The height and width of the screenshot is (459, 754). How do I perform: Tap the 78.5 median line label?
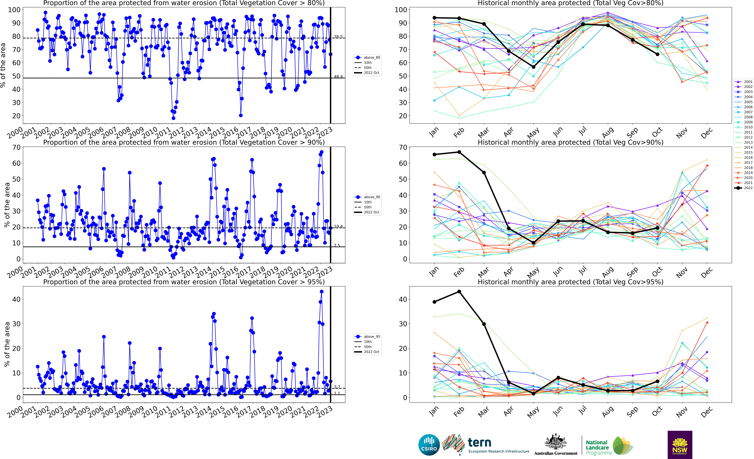coord(338,37)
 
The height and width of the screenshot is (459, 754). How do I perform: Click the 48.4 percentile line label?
coord(338,77)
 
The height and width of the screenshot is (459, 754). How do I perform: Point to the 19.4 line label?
coord(338,226)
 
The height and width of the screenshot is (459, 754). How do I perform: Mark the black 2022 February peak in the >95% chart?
coord(459,292)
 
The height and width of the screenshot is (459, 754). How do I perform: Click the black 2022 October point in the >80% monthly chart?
coord(657,54)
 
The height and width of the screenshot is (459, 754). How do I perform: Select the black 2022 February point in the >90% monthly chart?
coord(459,152)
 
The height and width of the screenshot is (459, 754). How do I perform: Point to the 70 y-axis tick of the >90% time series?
coord(16,147)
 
